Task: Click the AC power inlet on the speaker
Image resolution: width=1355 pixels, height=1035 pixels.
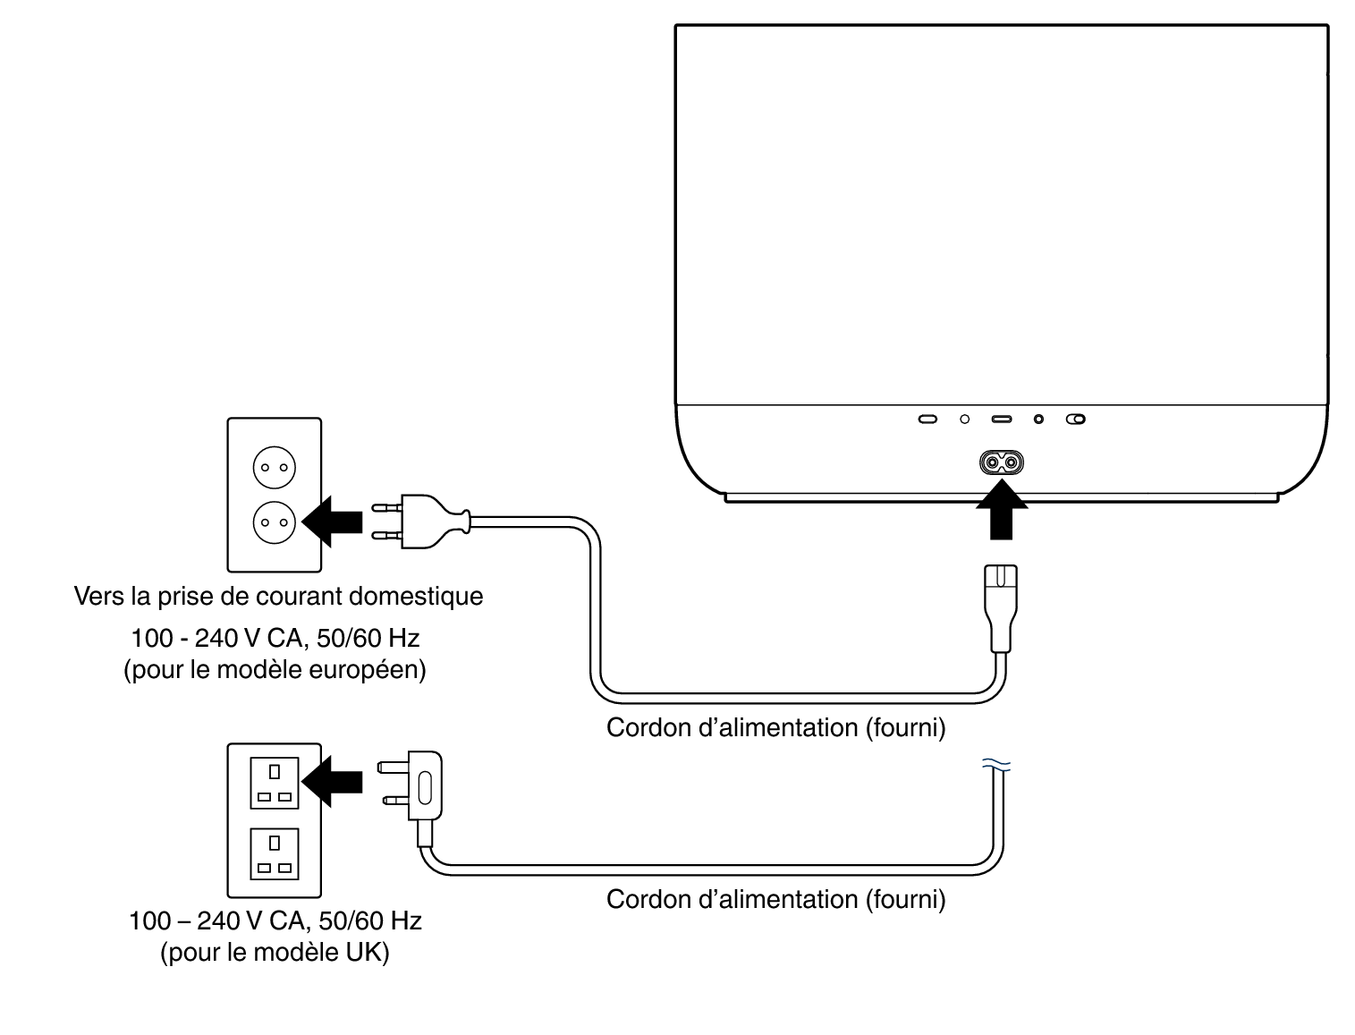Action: click(1001, 462)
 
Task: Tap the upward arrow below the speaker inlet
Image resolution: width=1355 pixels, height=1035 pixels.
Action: click(1001, 512)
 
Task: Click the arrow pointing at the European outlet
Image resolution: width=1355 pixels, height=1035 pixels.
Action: click(335, 520)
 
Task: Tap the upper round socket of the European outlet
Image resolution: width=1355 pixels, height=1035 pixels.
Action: click(274, 467)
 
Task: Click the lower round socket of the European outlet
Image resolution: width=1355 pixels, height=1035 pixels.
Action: click(274, 522)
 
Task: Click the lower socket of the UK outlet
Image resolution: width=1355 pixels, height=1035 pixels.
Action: click(275, 854)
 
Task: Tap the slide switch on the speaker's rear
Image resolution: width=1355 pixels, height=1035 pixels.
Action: click(1076, 419)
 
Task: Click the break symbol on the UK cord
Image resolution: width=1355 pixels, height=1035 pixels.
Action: click(996, 764)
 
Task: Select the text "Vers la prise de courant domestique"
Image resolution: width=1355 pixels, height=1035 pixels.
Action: click(278, 596)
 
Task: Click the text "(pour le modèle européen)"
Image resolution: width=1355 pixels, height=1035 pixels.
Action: click(275, 669)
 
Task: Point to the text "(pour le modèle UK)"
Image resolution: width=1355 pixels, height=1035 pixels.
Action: click(275, 953)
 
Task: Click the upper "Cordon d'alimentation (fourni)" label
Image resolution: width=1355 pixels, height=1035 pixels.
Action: click(775, 727)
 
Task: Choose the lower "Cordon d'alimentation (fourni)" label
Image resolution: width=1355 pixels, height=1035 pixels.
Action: click(775, 899)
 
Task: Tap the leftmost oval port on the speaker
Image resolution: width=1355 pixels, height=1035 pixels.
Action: click(928, 419)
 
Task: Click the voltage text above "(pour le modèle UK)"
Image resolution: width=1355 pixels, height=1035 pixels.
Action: click(275, 920)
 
